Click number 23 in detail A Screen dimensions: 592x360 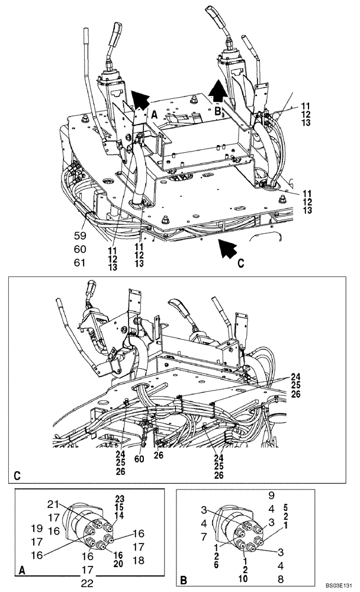(x=120, y=498)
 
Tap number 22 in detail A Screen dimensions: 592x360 (x=87, y=583)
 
